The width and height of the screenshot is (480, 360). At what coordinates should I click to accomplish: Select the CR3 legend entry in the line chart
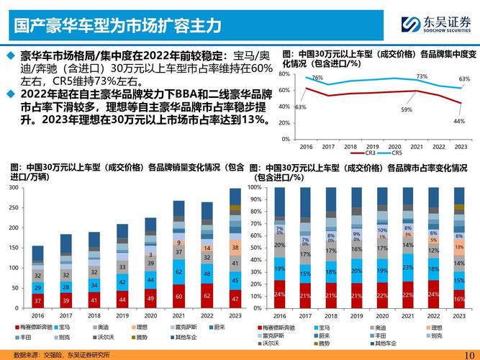[x=362, y=153]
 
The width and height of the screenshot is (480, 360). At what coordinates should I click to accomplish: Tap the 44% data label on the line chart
[x=458, y=121]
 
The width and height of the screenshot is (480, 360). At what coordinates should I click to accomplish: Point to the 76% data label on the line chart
[x=317, y=77]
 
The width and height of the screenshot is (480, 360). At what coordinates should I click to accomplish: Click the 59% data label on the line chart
[x=406, y=109]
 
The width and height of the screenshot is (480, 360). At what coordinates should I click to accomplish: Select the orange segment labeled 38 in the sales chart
[x=235, y=248]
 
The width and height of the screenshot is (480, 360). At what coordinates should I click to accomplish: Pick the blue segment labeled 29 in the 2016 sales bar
[x=38, y=287]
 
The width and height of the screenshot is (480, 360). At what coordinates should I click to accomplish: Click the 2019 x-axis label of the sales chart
[x=122, y=315]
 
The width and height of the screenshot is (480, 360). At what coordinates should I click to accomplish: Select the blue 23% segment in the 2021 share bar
[x=408, y=267]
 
